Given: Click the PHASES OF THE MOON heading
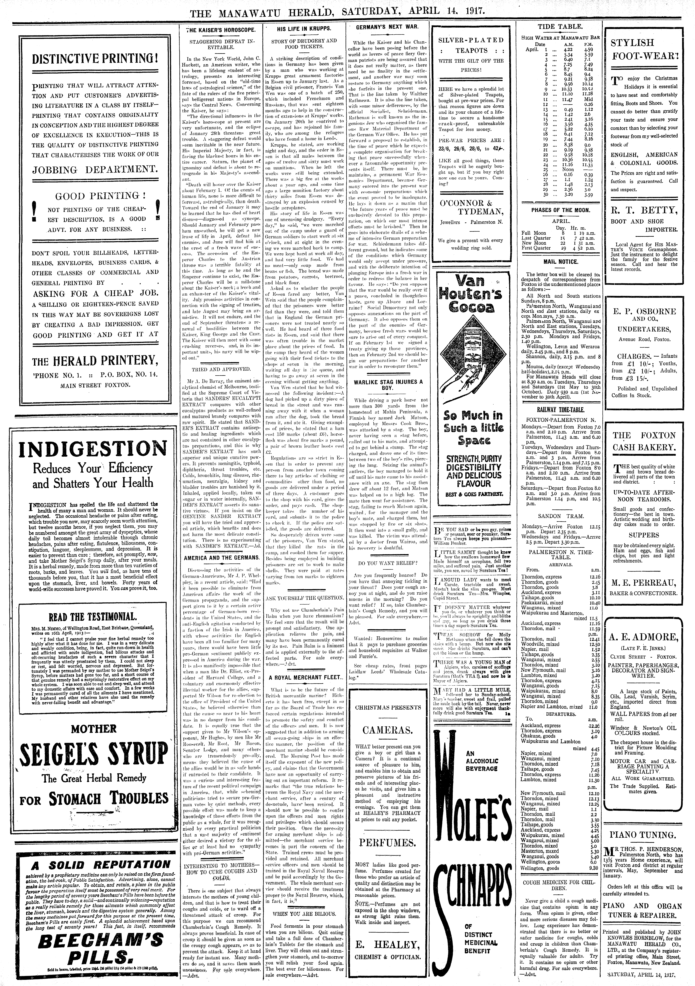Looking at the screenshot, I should [561, 210].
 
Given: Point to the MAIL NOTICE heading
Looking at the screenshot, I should [561, 262].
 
